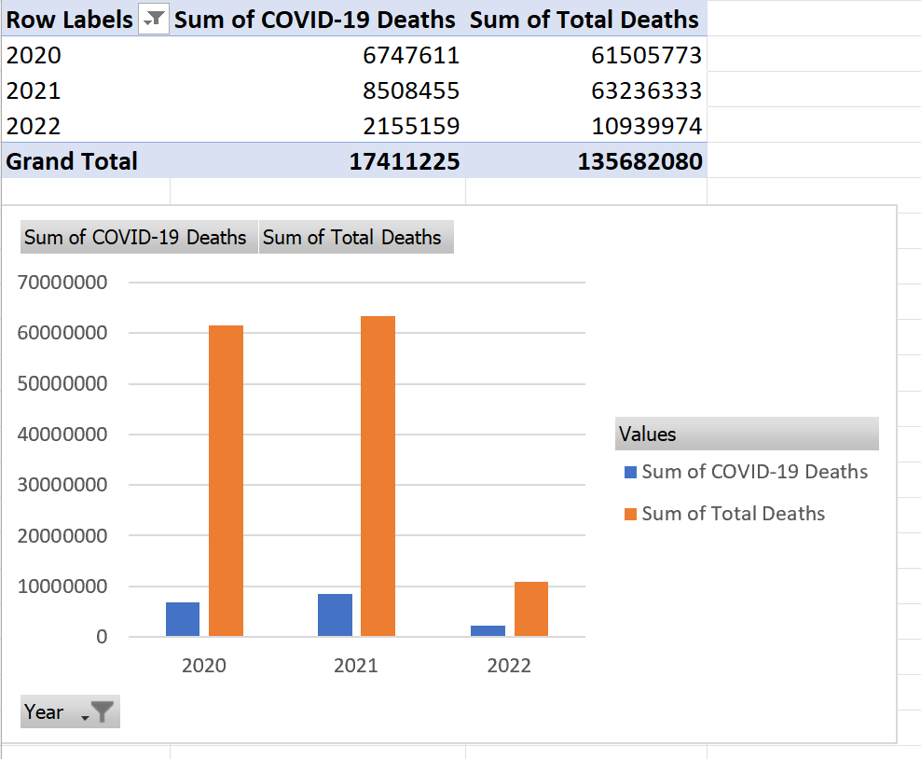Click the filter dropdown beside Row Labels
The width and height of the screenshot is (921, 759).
[x=153, y=20]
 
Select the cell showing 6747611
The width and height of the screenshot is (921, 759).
[x=410, y=55]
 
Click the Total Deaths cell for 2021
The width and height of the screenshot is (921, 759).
[x=646, y=90]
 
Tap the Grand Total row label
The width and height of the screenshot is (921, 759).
[x=72, y=161]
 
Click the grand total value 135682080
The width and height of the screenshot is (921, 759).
[x=639, y=161]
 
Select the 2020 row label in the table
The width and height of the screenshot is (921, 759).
[x=34, y=55]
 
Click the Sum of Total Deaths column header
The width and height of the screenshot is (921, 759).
[x=584, y=20]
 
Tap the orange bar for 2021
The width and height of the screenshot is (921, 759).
[x=378, y=476]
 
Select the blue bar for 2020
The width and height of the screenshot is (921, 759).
[x=183, y=619]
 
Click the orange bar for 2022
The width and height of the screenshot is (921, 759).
[x=530, y=609]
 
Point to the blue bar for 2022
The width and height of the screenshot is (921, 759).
[x=488, y=631]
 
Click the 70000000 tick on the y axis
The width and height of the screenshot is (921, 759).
[x=62, y=282]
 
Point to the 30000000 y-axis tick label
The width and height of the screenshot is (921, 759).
[x=62, y=485]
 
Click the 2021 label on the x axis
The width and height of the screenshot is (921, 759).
[x=356, y=665]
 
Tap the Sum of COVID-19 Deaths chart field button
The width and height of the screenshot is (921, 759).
[x=136, y=238]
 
